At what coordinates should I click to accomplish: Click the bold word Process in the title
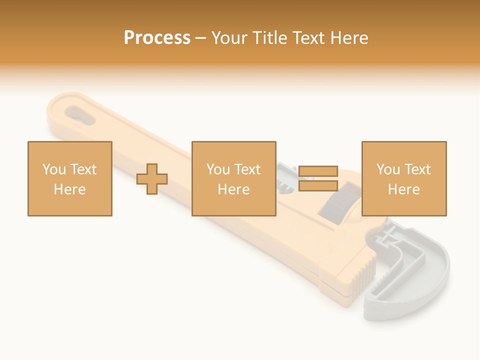[x=157, y=38]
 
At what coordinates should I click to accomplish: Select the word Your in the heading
[x=230, y=38]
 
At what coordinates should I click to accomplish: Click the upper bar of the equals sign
[x=318, y=171]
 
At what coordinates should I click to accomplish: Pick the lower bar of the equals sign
[x=318, y=186]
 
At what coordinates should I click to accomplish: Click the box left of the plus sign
[x=70, y=178]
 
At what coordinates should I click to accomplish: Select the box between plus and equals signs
[x=234, y=178]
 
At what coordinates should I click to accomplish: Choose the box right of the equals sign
[x=404, y=178]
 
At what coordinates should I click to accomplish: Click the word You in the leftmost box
[x=54, y=169]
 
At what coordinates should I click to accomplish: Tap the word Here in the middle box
[x=234, y=189]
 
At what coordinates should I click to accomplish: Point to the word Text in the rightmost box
[x=417, y=169]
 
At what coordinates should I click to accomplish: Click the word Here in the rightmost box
[x=404, y=189]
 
